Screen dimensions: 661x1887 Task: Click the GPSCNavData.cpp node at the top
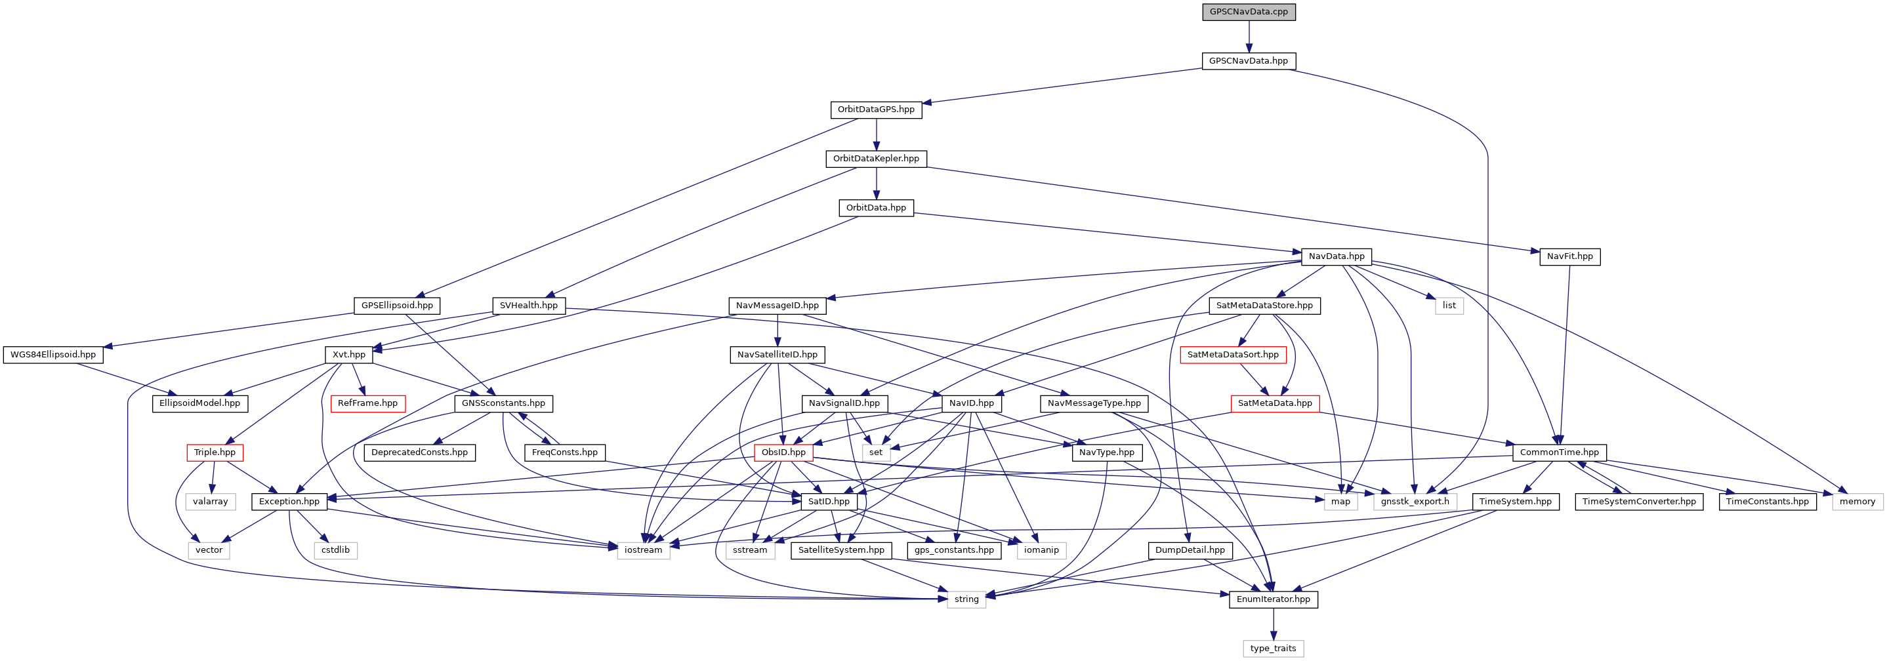1248,12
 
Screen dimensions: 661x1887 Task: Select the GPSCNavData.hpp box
1247,61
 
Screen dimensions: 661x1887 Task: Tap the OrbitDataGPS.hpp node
875,110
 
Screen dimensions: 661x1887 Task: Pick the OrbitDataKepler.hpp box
875,159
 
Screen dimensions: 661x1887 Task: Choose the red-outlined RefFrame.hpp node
367,403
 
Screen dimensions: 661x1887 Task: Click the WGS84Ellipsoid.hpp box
52,355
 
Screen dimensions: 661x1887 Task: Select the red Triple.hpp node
215,452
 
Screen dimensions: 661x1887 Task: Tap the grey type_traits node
1272,649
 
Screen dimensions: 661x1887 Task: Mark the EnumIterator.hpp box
1272,599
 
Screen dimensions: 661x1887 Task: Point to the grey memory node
1856,502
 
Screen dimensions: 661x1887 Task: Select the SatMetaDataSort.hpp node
1232,355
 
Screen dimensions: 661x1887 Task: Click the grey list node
1448,305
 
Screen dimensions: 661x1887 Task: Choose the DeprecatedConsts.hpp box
419,452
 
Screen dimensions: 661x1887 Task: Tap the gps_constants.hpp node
953,550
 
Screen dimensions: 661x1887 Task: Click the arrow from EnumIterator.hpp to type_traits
1272,624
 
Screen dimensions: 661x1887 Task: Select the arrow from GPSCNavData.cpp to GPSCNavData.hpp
1248,36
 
